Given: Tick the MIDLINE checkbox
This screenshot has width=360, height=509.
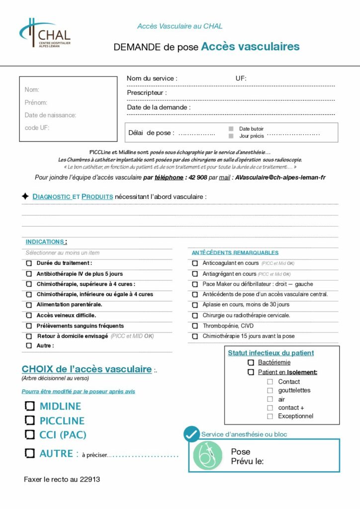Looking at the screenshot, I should [30, 406].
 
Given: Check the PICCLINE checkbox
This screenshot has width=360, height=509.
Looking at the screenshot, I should [30, 421].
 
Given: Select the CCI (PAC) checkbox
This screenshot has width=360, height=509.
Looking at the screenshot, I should [30, 434].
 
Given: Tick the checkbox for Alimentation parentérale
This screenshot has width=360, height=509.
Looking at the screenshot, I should [29, 305].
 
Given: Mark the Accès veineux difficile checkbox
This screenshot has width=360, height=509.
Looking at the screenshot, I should [29, 315].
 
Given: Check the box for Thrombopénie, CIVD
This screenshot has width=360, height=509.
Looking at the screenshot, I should [195, 326].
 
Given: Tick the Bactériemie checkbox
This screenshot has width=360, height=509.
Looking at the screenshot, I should [251, 363].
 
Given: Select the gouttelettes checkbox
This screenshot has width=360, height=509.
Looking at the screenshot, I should [270, 391].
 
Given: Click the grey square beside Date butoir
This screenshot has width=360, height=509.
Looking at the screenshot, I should [231, 129].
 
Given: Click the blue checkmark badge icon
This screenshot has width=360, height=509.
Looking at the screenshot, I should [191, 434].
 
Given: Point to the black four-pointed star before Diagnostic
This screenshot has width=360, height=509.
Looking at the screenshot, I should [25, 196].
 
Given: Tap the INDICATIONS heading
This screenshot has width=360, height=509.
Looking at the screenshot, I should [45, 242].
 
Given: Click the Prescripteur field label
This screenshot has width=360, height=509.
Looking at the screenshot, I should [147, 92].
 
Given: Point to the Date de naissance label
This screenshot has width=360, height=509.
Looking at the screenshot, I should [50, 115].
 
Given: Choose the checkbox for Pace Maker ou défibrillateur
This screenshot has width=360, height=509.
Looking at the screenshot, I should [195, 284].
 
